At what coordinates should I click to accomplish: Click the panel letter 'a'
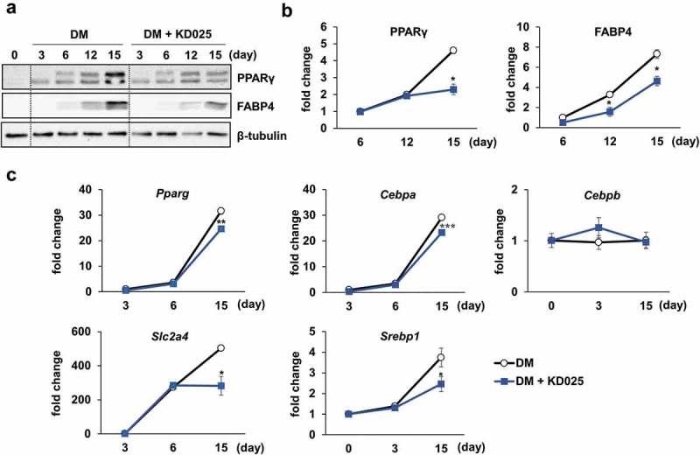click(9, 10)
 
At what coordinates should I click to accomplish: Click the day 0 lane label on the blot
click(14, 53)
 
